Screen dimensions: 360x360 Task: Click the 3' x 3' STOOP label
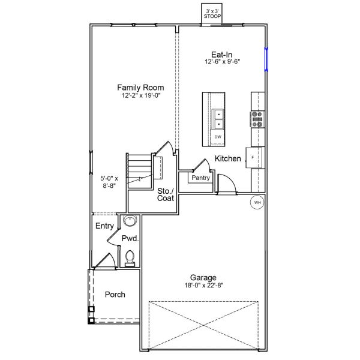point(212,14)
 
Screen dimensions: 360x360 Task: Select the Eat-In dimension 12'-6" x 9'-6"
point(222,61)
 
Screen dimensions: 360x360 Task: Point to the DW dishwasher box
point(218,137)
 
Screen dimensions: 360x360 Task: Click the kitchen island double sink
point(219,119)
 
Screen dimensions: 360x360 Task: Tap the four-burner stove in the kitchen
point(257,119)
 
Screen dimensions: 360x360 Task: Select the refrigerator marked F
point(254,157)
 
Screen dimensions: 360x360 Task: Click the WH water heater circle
point(257,203)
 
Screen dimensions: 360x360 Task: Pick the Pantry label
point(200,178)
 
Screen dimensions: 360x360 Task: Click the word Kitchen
point(228,159)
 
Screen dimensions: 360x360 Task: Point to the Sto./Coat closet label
point(166,195)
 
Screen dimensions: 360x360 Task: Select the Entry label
point(104,226)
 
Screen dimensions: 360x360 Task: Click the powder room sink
point(130,221)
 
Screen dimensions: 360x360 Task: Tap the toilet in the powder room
point(130,258)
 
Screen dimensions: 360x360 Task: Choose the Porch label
point(115,295)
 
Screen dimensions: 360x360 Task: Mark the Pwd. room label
point(130,239)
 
